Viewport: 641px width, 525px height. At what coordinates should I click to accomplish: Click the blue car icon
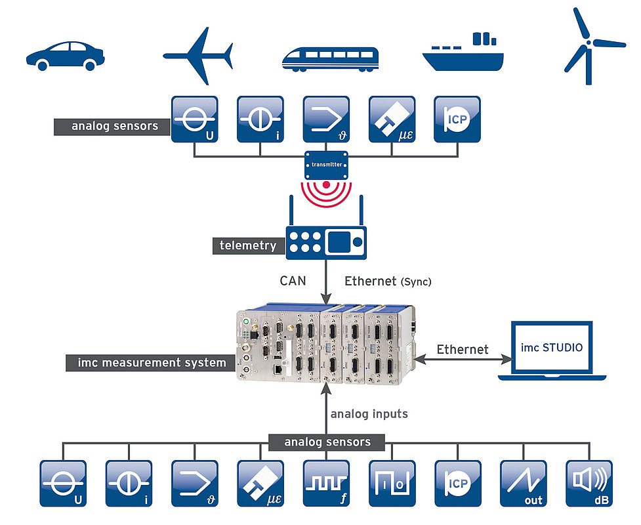click(x=66, y=55)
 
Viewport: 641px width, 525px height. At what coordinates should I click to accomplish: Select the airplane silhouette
click(x=197, y=55)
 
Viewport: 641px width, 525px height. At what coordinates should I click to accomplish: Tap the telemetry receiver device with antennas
click(x=327, y=240)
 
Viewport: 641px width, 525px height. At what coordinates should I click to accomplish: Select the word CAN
click(x=293, y=281)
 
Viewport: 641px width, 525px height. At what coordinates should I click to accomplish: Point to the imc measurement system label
click(x=152, y=362)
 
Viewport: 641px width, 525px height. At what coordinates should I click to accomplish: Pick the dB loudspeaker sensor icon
click(x=589, y=483)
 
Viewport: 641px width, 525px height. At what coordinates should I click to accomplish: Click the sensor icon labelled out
click(x=524, y=483)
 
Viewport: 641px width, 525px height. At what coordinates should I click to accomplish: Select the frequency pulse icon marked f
click(x=327, y=483)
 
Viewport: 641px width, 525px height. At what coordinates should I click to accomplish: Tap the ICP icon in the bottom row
click(x=458, y=483)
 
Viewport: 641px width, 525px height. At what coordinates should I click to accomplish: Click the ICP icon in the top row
click(x=457, y=119)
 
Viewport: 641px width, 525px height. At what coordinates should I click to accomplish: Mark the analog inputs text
click(x=369, y=414)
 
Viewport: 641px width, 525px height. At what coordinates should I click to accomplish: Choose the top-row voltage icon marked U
click(x=194, y=119)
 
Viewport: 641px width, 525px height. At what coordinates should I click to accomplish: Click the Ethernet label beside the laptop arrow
click(x=463, y=349)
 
